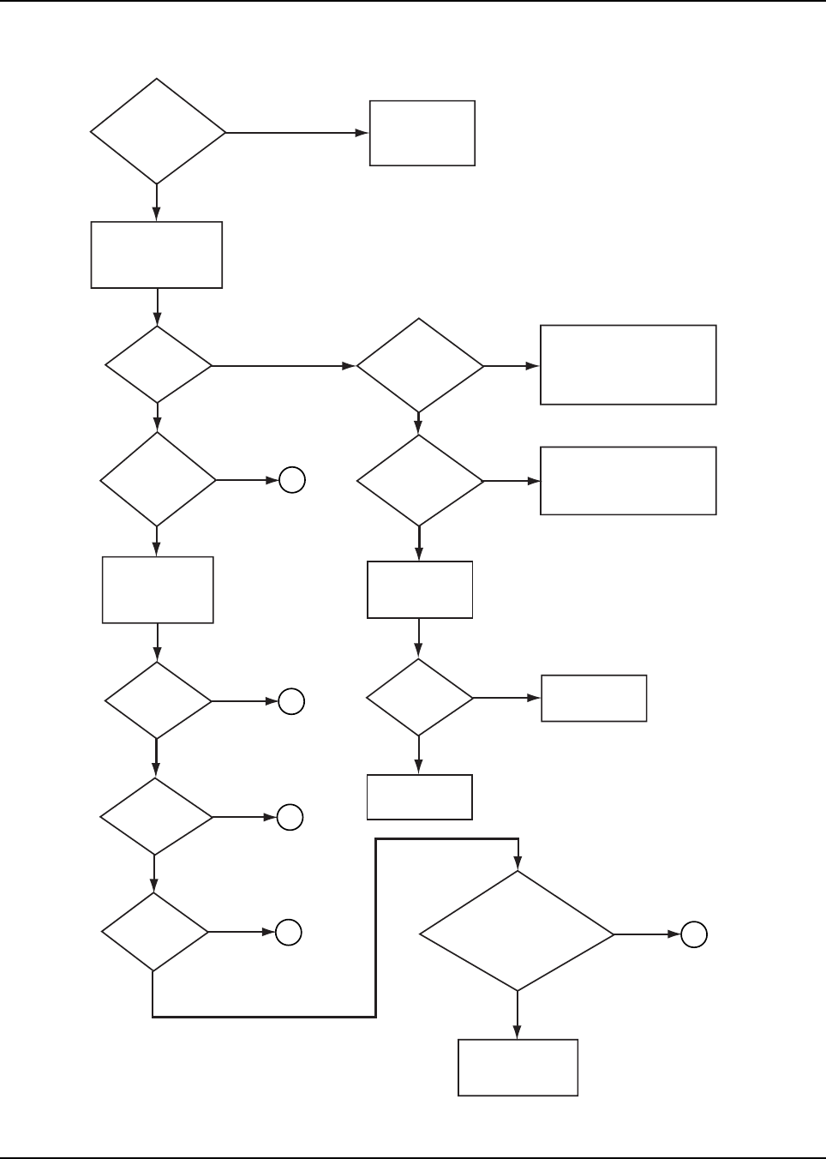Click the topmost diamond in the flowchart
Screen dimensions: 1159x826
[x=158, y=132]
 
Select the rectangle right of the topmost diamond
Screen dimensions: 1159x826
[x=422, y=133]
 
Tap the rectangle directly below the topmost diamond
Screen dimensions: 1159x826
[x=157, y=255]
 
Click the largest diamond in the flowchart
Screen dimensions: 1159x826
[x=517, y=932]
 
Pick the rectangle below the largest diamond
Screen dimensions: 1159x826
[x=518, y=1067]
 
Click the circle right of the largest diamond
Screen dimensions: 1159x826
[x=694, y=934]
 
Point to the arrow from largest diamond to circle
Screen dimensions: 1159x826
[x=647, y=934]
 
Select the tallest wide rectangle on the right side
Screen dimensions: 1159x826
[x=628, y=364]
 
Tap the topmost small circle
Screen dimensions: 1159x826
[x=292, y=481]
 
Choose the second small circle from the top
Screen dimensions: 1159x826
[x=291, y=701]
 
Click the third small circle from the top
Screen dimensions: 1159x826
[x=290, y=818]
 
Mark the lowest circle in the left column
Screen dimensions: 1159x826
[x=289, y=933]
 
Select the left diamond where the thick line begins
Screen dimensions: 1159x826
[x=155, y=932]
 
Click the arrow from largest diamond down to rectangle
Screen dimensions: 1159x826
[x=518, y=1016]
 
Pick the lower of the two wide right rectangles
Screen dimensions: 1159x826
[x=628, y=481]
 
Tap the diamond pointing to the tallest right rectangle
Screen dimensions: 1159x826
[x=420, y=366]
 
